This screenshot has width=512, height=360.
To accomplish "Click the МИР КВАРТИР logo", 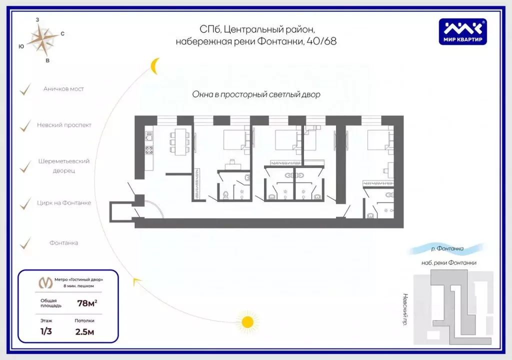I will point(463,32).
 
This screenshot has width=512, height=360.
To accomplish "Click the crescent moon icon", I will point(155,65).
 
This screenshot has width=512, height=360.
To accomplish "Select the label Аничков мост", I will point(63,89).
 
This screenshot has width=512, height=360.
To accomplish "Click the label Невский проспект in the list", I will point(64,125).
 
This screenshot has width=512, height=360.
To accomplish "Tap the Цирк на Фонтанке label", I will point(64,203).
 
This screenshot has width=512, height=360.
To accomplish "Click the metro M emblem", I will point(45,282).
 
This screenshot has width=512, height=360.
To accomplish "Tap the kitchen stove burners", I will point(148,149).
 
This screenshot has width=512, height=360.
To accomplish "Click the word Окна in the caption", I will point(201,94).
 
